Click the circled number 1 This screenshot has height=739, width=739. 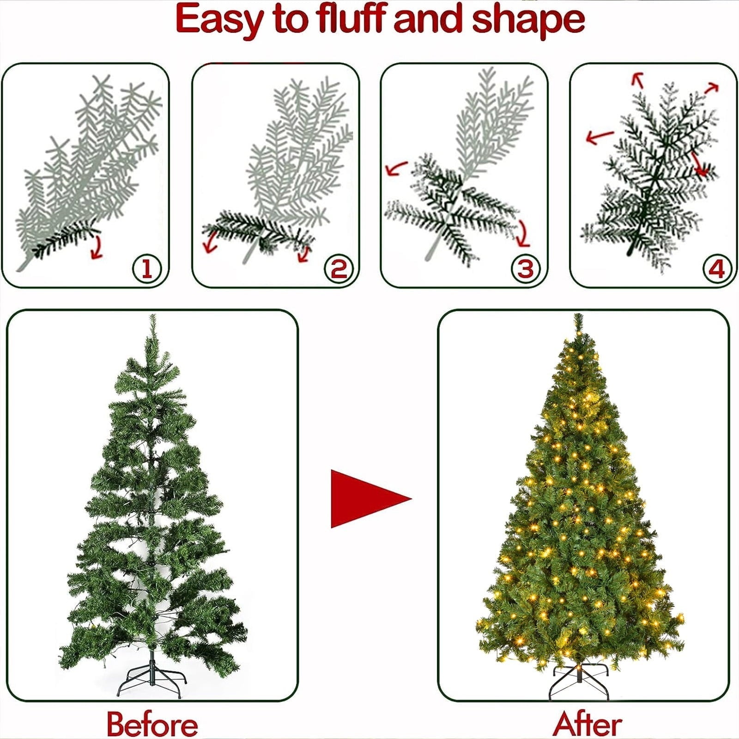pos(147,268)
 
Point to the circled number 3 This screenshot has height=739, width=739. pos(526,268)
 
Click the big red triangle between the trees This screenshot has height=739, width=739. pos(365,499)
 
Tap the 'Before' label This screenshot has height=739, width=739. pos(152,724)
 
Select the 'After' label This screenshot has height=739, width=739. pos(588,724)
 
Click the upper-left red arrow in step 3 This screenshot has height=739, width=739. pos(396,169)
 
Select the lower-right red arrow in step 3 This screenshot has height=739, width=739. pos(523,234)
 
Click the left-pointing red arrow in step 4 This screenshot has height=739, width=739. pos(599,137)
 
